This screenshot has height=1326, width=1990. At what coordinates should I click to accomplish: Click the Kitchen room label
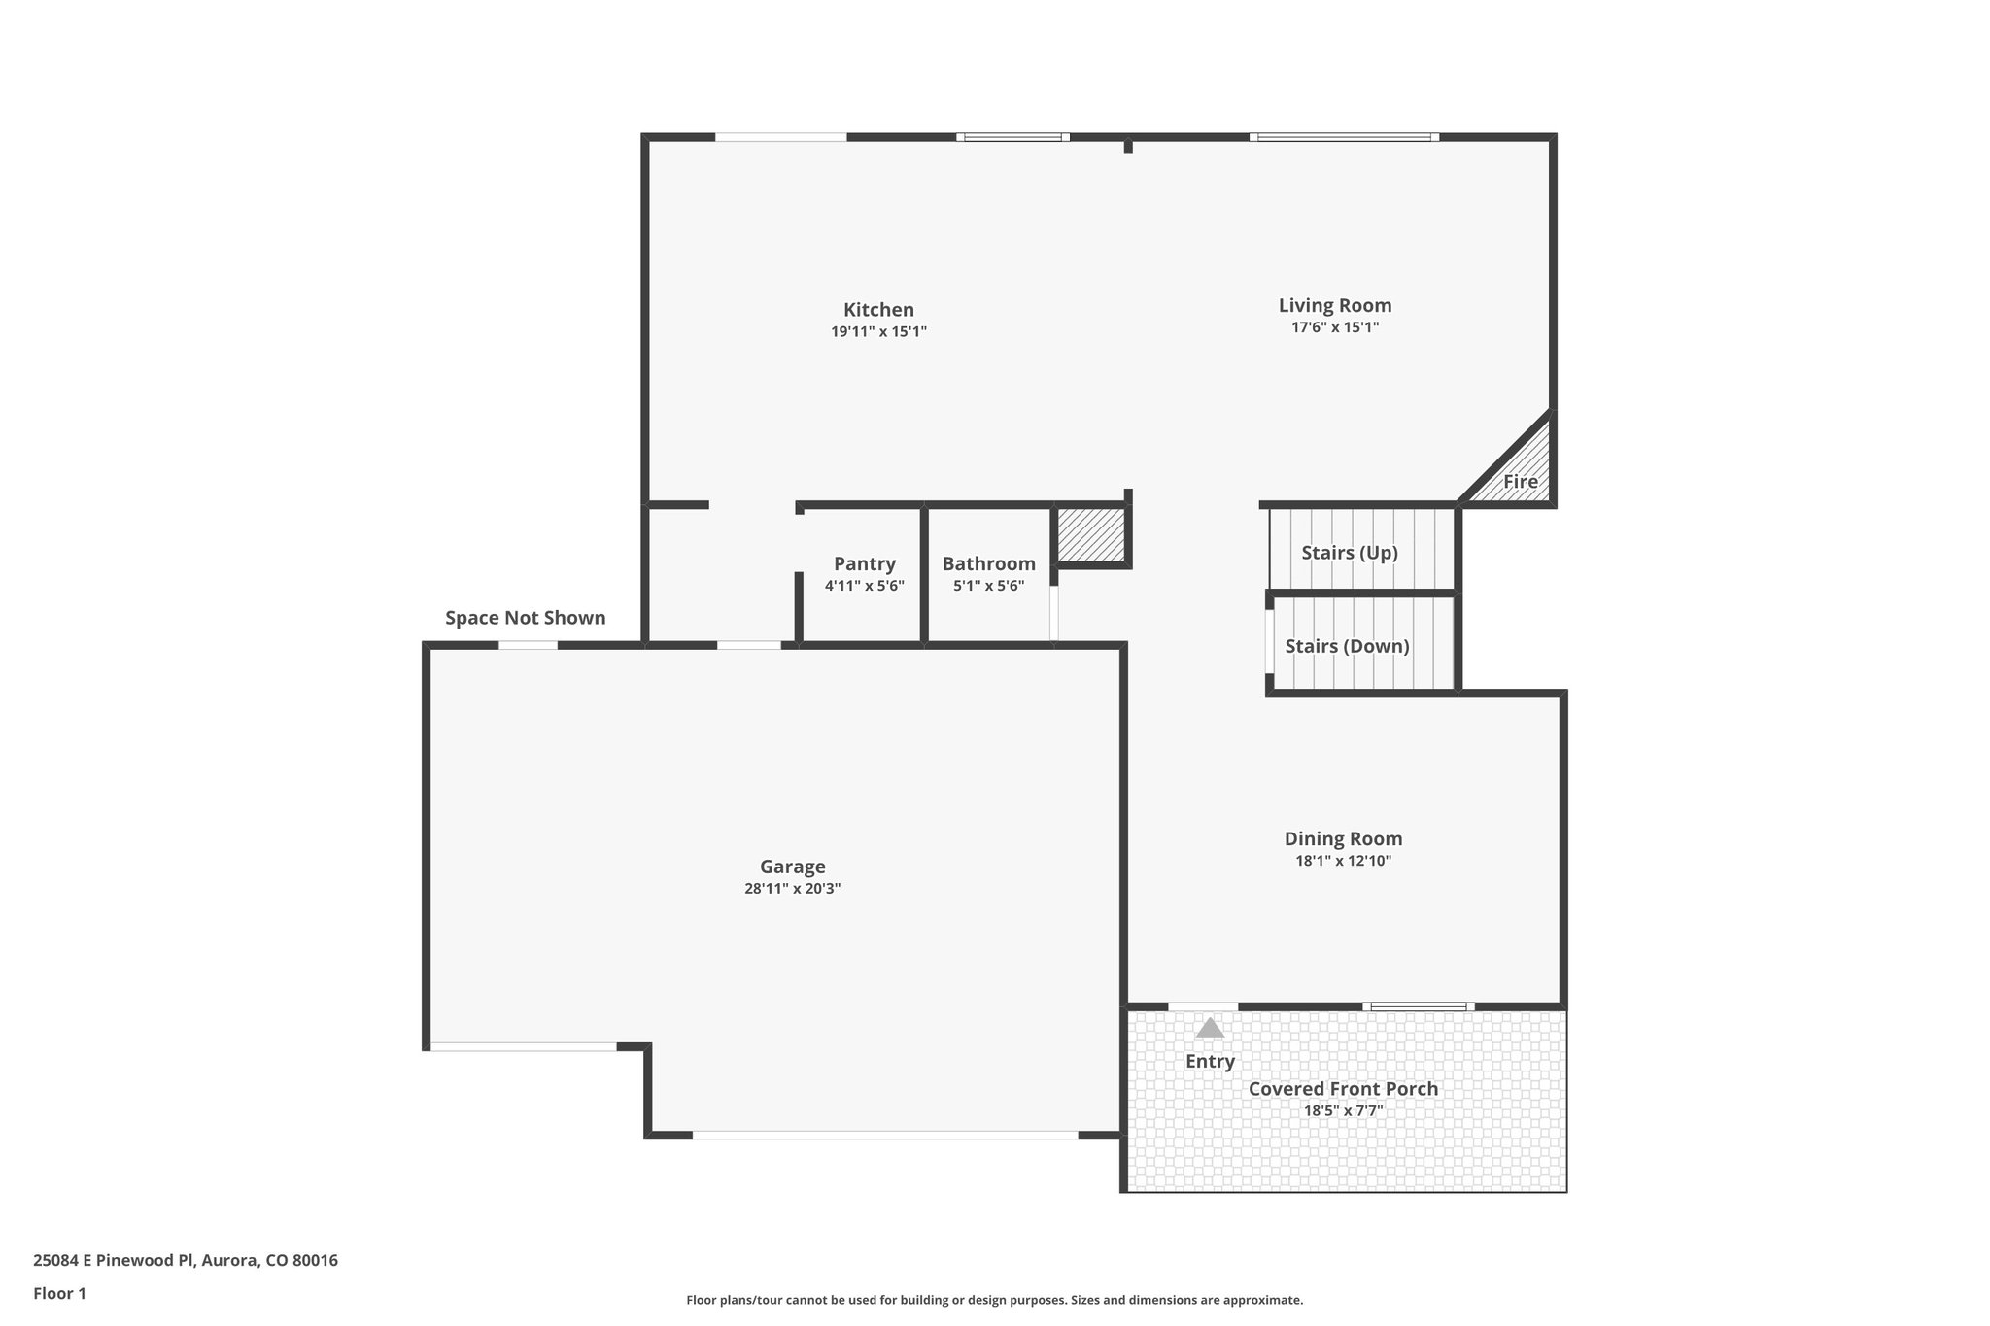pos(878,310)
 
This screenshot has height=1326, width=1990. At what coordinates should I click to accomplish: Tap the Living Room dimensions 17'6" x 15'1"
pos(1334,327)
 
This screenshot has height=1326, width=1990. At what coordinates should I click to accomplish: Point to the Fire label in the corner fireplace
pos(1520,482)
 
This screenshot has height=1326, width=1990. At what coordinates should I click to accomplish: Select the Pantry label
pos(864,564)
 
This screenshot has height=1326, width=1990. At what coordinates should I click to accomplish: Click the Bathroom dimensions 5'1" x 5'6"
pos(988,586)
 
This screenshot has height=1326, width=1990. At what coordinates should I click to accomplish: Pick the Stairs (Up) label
pos(1349,553)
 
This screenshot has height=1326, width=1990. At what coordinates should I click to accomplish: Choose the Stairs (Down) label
pos(1347,647)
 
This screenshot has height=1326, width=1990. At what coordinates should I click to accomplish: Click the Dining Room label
pos(1343,839)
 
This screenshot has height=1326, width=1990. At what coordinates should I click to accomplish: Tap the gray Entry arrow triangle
pos(1209,1029)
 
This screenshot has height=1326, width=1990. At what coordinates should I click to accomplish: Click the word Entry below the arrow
pos(1210,1062)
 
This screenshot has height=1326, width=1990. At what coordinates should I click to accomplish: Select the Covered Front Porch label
pos(1343,1089)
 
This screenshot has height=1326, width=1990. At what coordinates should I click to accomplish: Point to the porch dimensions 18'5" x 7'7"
pos(1343,1110)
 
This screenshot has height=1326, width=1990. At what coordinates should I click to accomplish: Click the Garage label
pos(792,867)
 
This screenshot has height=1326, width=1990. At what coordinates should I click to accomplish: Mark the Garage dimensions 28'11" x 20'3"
pos(792,889)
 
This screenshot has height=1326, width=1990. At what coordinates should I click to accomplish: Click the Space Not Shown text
pos(525,618)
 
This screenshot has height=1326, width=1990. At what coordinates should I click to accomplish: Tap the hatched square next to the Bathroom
pos(1090,534)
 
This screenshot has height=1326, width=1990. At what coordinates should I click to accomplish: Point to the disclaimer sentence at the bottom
pos(994,1300)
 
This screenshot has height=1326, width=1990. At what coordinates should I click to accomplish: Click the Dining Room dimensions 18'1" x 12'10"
pos(1343,861)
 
